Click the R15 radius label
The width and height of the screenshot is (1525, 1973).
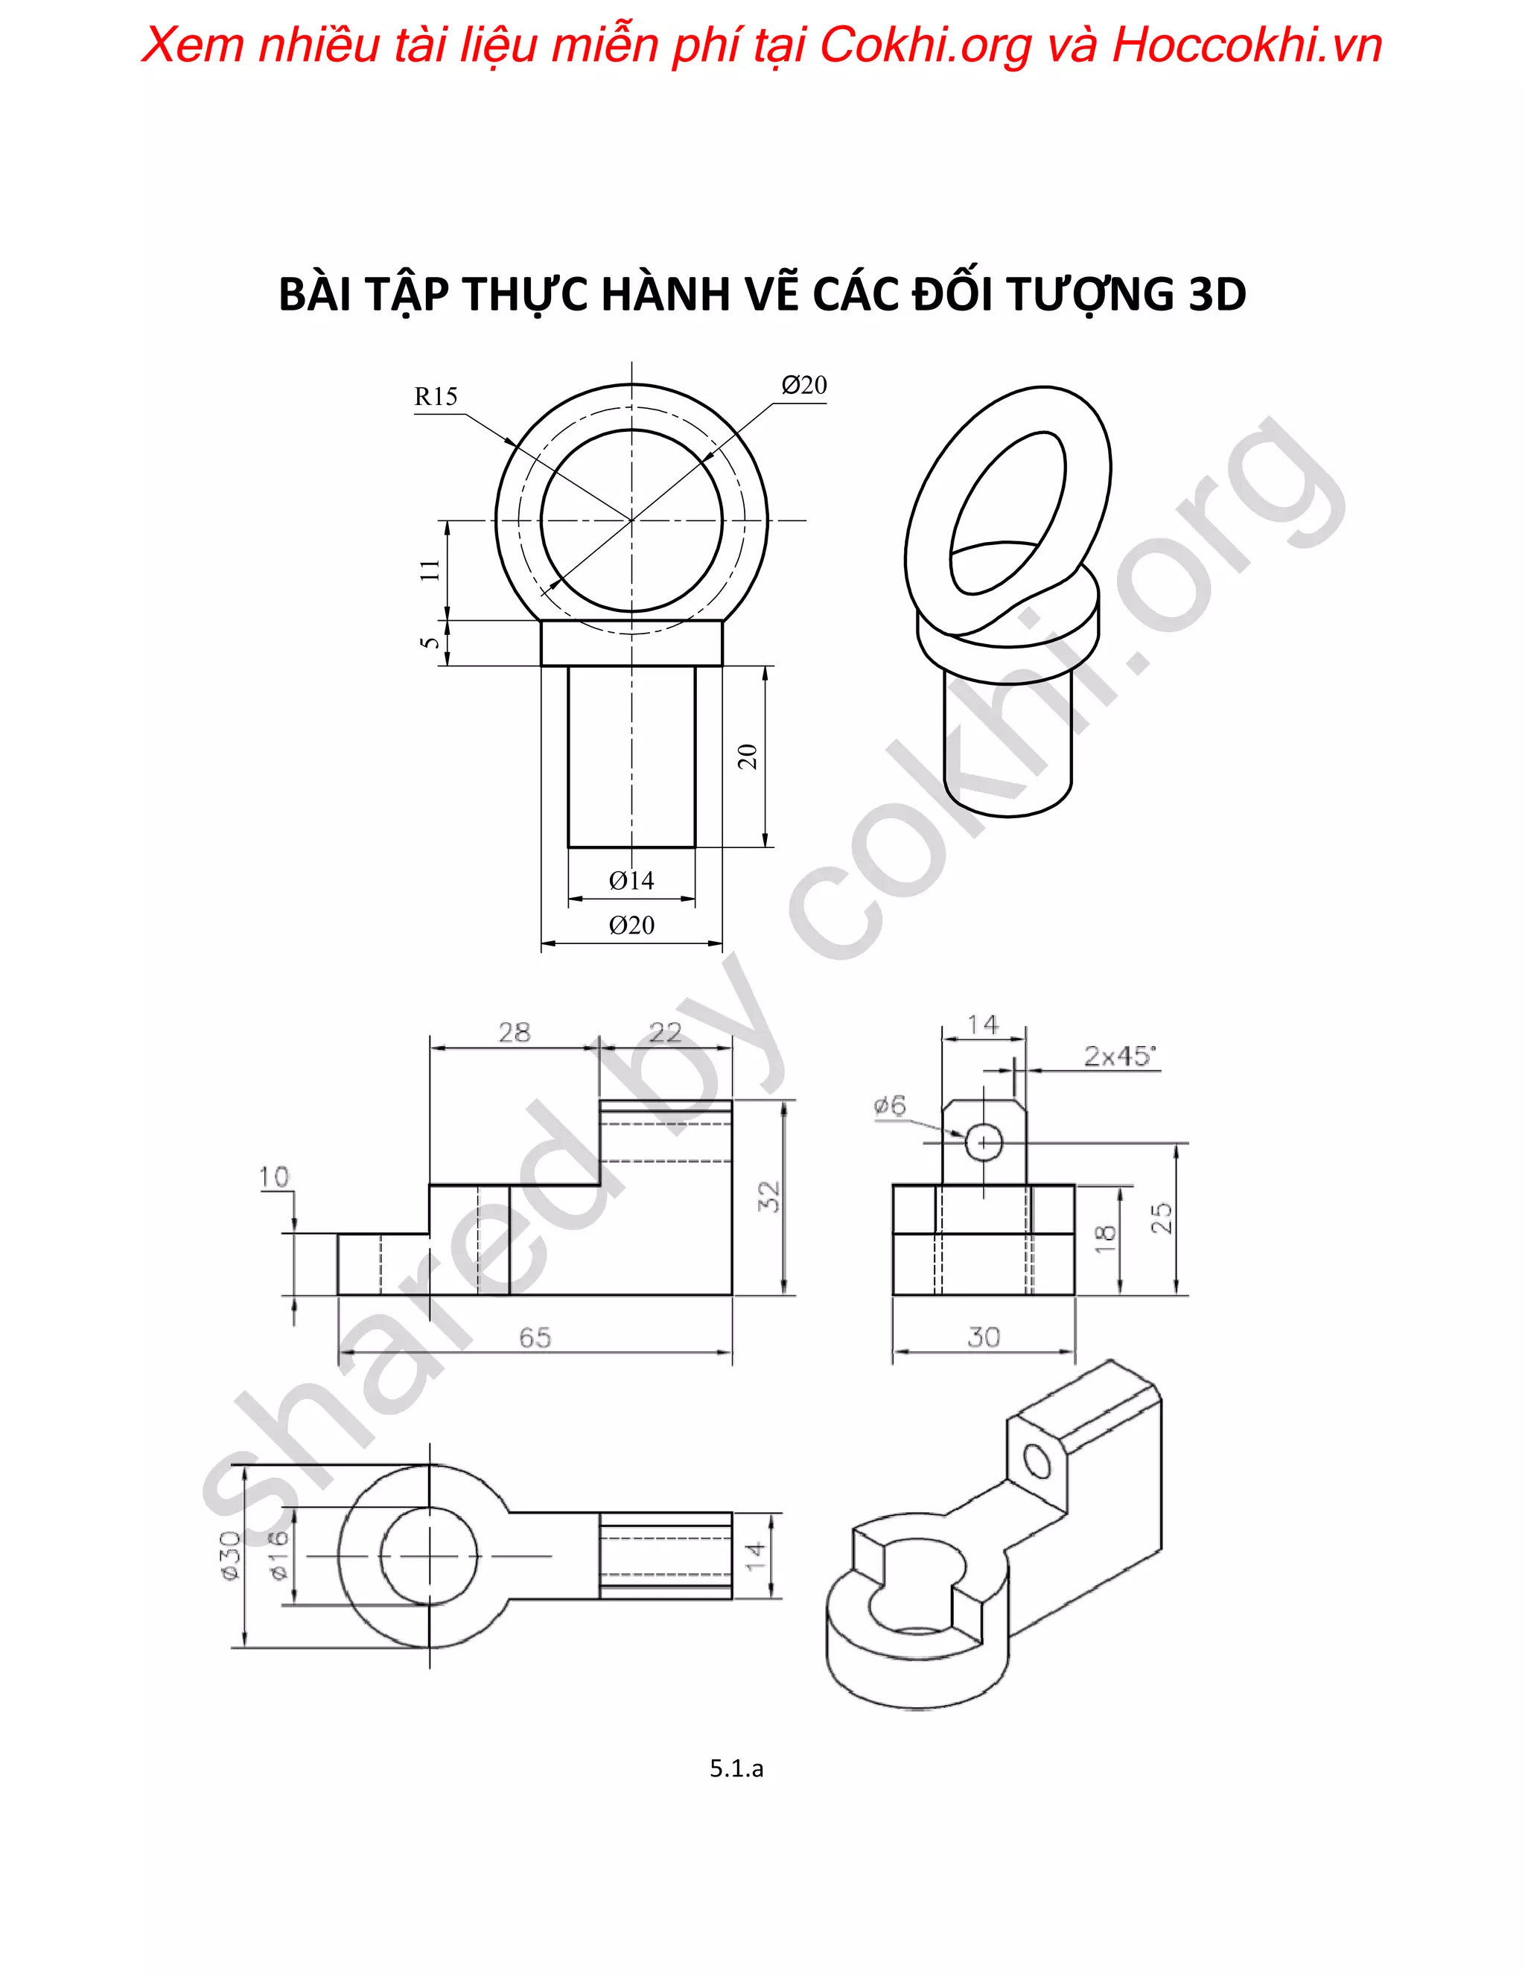click(436, 397)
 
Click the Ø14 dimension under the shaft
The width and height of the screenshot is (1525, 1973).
click(631, 880)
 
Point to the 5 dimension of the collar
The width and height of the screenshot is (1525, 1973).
click(431, 643)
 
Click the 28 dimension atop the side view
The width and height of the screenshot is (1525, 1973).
click(514, 1033)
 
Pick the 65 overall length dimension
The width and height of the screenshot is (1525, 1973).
click(535, 1338)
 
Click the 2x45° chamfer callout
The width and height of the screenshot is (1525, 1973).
click(1119, 1056)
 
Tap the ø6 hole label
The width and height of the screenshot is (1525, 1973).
click(890, 1105)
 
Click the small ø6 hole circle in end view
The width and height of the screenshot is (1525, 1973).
click(984, 1143)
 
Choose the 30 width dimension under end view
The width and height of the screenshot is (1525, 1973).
click(983, 1337)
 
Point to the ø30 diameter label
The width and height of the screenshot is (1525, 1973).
click(229, 1555)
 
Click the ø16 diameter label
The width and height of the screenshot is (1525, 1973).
click(279, 1555)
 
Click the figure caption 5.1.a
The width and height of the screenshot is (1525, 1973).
click(736, 1769)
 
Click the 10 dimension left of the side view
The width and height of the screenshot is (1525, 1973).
click(274, 1177)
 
